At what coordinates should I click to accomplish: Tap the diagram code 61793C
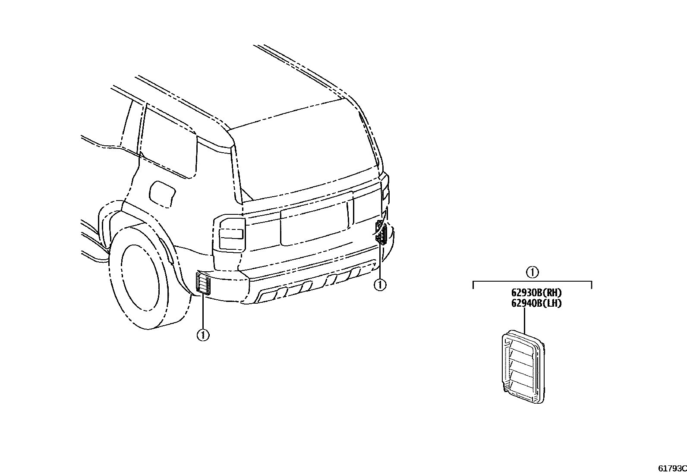[672, 468]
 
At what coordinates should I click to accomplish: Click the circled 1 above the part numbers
[532, 272]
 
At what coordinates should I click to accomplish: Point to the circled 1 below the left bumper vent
[203, 335]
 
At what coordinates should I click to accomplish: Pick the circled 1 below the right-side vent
[380, 285]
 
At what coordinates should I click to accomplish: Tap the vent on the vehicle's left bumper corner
[203, 283]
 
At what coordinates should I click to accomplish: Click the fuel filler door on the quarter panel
[162, 192]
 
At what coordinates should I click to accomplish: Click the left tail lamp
[229, 233]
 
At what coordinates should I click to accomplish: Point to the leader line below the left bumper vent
[203, 311]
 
